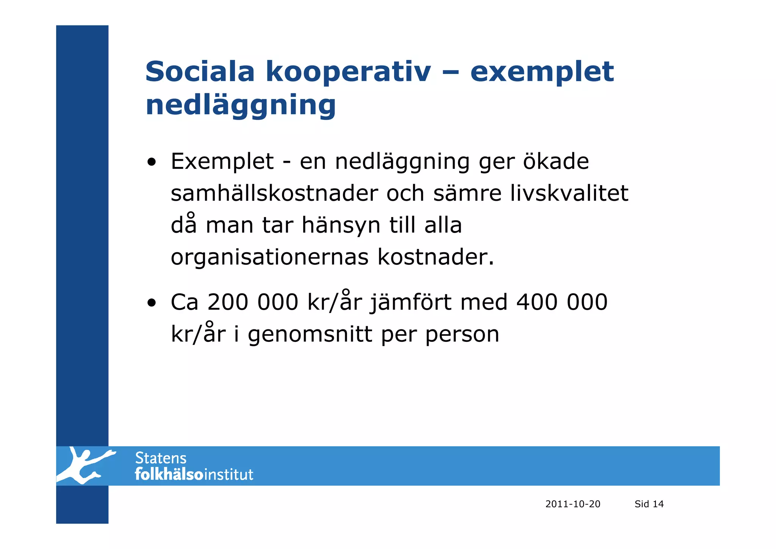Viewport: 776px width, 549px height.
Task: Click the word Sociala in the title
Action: tap(199, 71)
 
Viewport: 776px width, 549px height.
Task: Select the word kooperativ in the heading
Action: tap(348, 72)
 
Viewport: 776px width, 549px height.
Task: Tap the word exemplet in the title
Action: tap(541, 72)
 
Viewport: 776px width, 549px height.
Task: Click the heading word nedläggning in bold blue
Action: tap(241, 105)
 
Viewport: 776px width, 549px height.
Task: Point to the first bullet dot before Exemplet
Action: tap(152, 163)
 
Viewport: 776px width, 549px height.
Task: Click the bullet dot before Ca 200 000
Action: tap(152, 304)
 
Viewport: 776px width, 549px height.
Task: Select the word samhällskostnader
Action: tap(274, 193)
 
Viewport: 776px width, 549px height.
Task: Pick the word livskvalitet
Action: tap(569, 193)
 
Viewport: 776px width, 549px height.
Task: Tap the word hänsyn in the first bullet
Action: tap(341, 225)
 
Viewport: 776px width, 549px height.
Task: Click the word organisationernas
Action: tap(269, 258)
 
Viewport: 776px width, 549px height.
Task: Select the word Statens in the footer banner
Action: tap(161, 458)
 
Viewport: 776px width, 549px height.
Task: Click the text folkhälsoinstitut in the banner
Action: tap(194, 475)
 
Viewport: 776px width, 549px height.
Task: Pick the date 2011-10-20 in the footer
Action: tap(573, 504)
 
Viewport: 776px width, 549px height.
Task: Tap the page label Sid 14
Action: tap(649, 504)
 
